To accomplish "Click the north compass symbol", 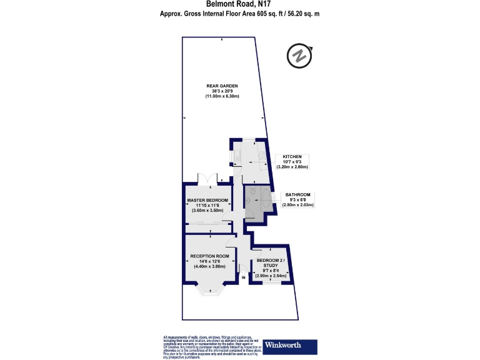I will [x=299, y=56].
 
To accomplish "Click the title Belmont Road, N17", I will [x=240, y=5].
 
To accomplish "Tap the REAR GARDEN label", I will [x=222, y=86].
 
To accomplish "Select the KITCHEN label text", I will [x=292, y=156].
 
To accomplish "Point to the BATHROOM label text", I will [x=297, y=194].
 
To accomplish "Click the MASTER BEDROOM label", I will [x=208, y=200].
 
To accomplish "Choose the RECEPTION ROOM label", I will [x=210, y=256].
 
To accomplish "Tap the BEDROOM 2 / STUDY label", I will [x=271, y=262].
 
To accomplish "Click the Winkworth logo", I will [x=290, y=345].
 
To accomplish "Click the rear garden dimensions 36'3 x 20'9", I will [x=222, y=91].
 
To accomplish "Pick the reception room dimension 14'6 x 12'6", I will [x=210, y=261].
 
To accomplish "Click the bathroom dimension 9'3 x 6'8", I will [x=297, y=200].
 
